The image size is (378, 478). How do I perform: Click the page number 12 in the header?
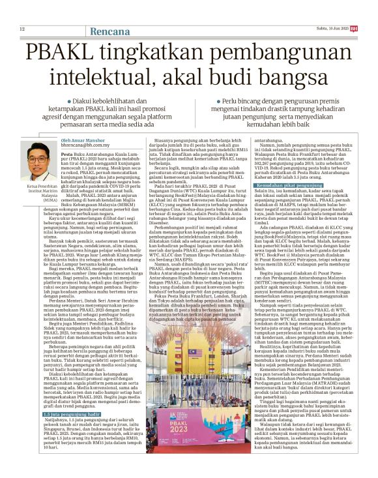22,30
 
